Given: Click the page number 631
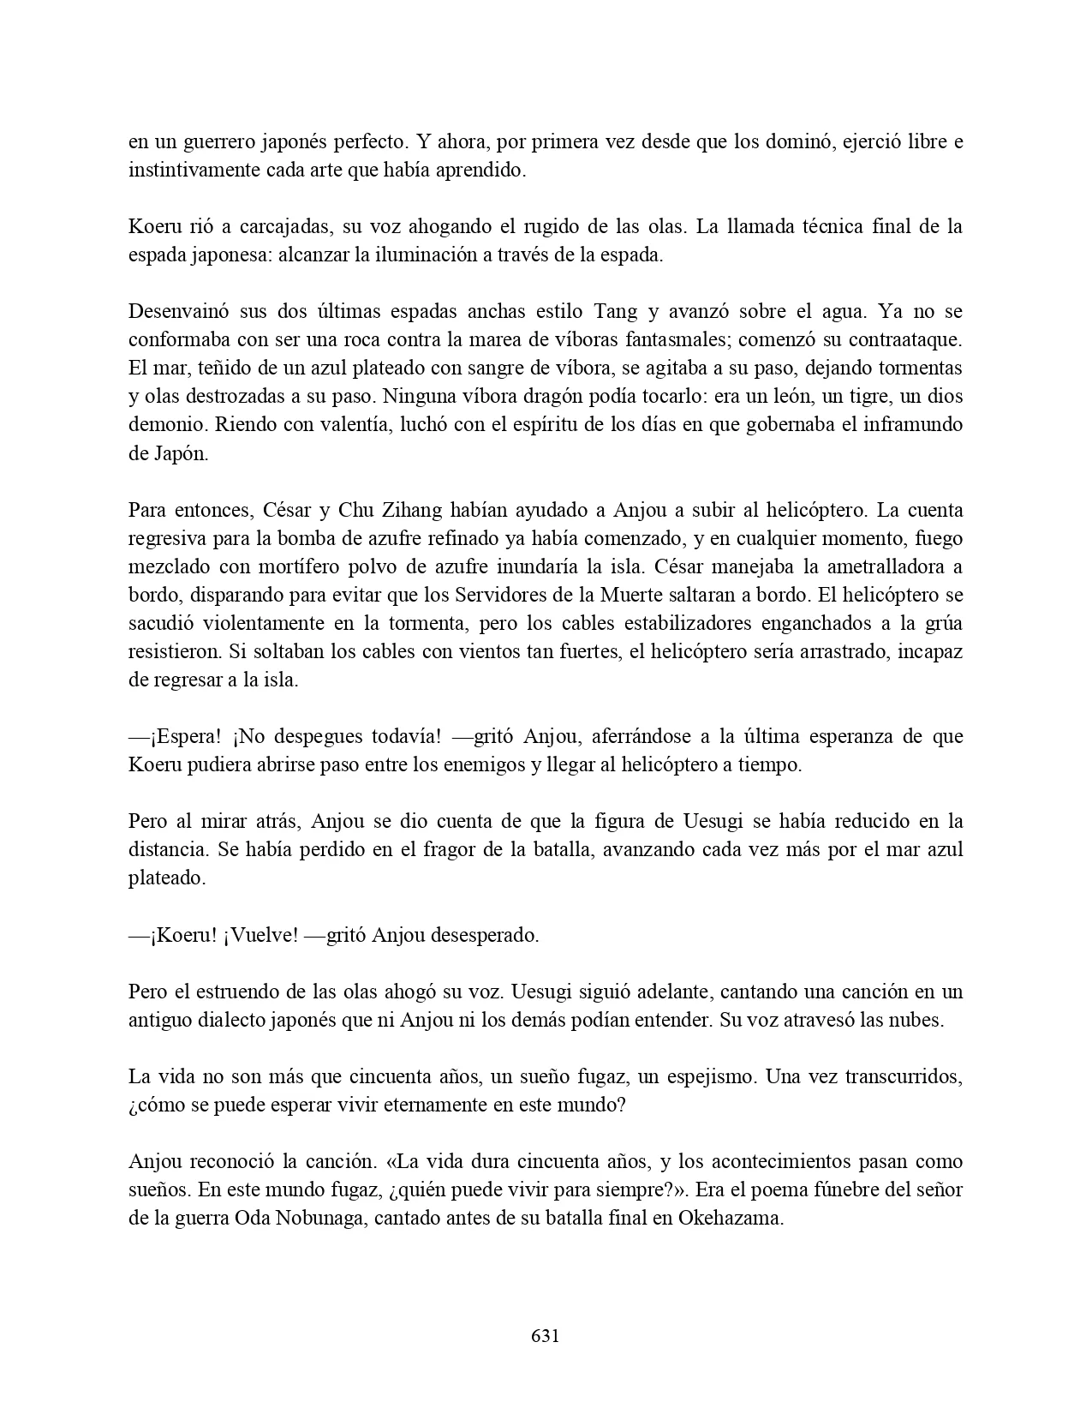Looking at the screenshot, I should coord(546,1336).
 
